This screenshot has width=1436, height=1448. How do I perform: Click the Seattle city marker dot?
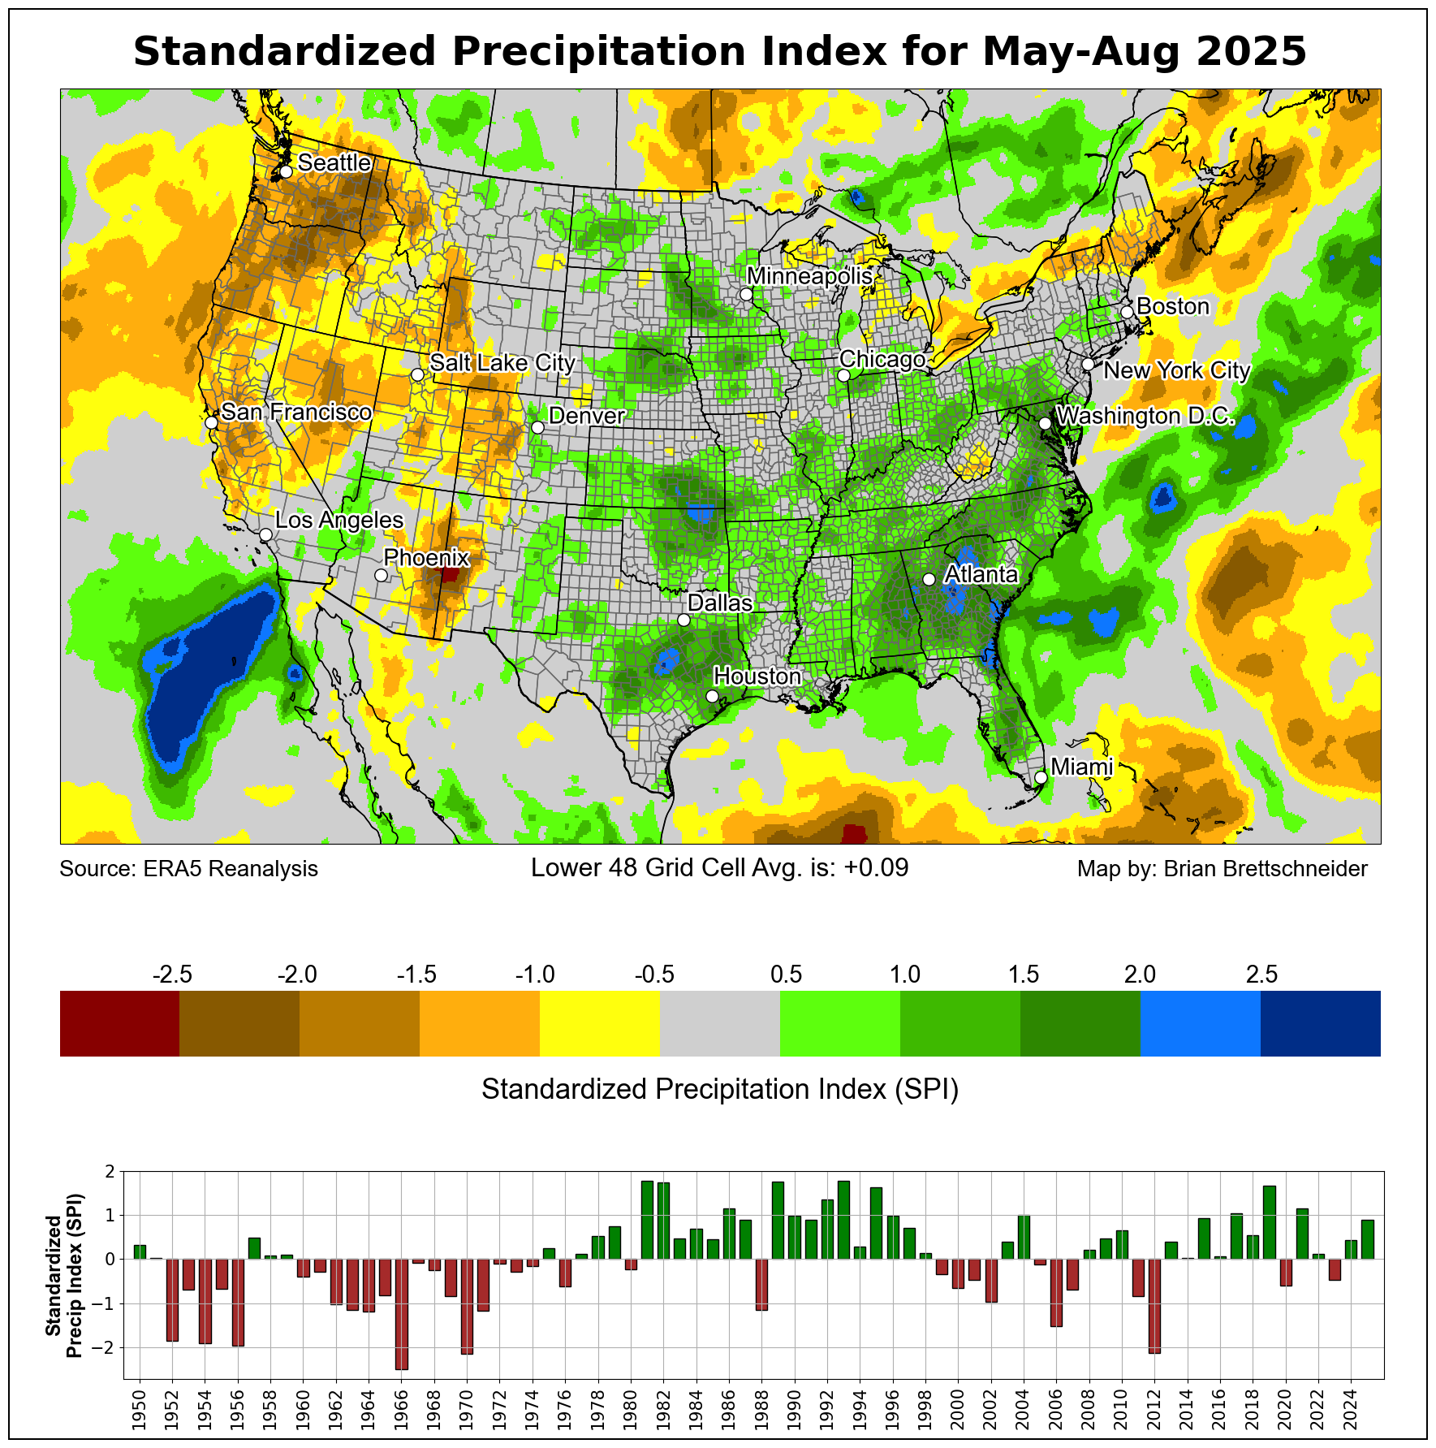point(286,172)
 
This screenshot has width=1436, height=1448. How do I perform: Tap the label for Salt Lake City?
point(502,362)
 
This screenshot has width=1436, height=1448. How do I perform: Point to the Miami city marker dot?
point(1041,777)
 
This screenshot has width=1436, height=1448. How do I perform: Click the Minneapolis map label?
point(809,276)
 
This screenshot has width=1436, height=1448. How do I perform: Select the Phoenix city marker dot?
point(381,575)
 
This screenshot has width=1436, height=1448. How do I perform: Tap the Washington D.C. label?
point(1145,417)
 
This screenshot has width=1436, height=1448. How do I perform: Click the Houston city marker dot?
point(712,696)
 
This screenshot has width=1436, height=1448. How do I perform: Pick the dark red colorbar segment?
point(119,1023)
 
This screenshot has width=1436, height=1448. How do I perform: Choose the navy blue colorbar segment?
point(1320,1023)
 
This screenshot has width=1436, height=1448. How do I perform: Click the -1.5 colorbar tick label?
point(416,975)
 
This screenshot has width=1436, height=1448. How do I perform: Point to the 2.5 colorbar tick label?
point(1261,975)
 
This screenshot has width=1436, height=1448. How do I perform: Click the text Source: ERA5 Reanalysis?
point(189,869)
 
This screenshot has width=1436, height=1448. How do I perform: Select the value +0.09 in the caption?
point(876,868)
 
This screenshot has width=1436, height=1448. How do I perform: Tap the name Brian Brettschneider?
point(1265,869)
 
